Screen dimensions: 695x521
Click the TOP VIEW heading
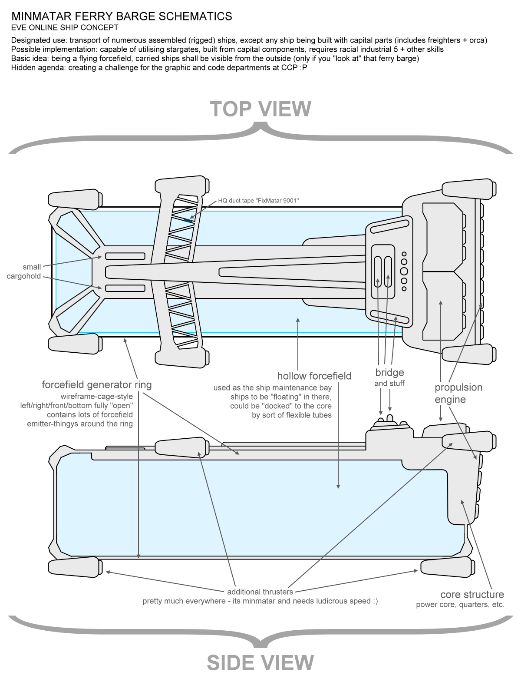[x=260, y=109]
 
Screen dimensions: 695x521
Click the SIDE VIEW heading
[x=260, y=663]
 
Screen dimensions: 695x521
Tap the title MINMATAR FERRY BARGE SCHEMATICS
[x=122, y=17]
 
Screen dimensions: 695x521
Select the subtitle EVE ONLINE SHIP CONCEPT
[x=65, y=28]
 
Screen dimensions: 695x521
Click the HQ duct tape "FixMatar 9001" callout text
[x=259, y=200]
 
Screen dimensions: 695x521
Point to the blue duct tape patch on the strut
[x=188, y=221]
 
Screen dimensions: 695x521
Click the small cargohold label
[x=24, y=271]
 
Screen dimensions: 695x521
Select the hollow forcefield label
[x=314, y=376]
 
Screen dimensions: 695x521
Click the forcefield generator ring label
[x=97, y=384]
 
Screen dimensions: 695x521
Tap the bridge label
[x=389, y=372]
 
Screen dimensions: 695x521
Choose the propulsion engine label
[x=458, y=393]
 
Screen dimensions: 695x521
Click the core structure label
[x=472, y=594]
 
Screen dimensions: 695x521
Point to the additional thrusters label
[x=260, y=592]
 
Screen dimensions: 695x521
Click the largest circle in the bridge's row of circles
[x=404, y=271]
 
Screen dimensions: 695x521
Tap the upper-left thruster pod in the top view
[x=75, y=199]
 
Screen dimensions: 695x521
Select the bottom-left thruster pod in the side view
[x=75, y=567]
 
